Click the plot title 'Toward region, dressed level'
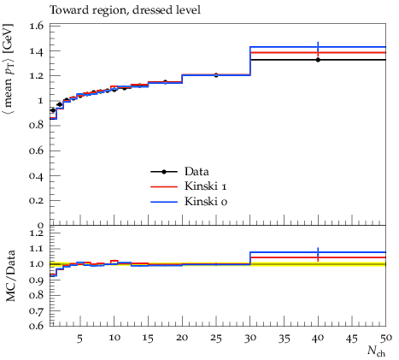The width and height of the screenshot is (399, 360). [x=126, y=10]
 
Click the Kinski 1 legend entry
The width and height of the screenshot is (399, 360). [x=189, y=186]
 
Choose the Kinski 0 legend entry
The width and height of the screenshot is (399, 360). [x=189, y=202]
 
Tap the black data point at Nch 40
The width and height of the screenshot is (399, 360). [x=318, y=60]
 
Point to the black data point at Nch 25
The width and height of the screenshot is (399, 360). [x=216, y=75]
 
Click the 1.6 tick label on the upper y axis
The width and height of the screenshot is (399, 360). [x=37, y=26]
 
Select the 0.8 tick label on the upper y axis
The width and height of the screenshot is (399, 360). [x=37, y=126]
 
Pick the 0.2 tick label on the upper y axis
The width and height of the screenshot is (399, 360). [x=37, y=200]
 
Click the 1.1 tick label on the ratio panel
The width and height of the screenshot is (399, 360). [x=37, y=249]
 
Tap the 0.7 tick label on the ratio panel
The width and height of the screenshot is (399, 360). [x=37, y=310]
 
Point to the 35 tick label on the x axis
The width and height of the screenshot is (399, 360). [x=284, y=338]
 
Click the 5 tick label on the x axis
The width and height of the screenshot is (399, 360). [x=80, y=339]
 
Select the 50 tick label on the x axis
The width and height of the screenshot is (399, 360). [x=386, y=338]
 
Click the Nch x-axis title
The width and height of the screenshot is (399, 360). [x=376, y=351]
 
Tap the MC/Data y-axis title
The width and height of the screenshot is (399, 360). [x=10, y=276]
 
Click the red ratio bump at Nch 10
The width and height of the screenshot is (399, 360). [x=114, y=263]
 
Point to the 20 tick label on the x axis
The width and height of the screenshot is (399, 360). [x=182, y=338]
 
